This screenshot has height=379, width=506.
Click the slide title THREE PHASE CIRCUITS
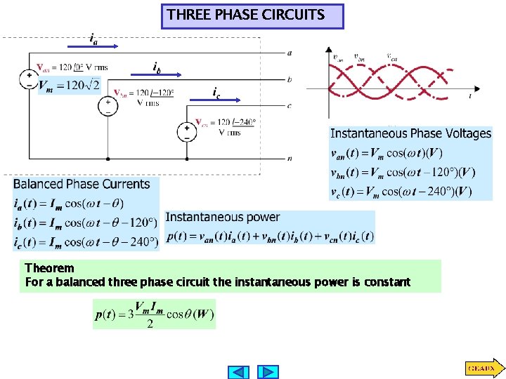pyautogui.click(x=252, y=15)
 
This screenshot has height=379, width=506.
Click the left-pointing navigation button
pyautogui.click(x=240, y=371)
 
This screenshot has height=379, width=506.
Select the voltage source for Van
pyautogui.click(x=30, y=78)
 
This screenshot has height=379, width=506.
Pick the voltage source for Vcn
pyautogui.click(x=187, y=131)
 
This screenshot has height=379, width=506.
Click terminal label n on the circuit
pyautogui.click(x=290, y=159)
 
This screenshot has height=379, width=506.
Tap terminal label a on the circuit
pyautogui.click(x=290, y=53)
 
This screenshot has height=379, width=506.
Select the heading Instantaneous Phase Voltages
pyautogui.click(x=410, y=133)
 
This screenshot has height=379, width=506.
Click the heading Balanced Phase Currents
pyautogui.click(x=82, y=185)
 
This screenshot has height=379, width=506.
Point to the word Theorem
pyautogui.click(x=49, y=268)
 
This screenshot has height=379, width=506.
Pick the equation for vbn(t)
pyautogui.click(x=403, y=173)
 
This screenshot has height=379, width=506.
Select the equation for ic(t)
pyautogui.click(x=85, y=241)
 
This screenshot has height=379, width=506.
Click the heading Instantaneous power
pyautogui.click(x=222, y=218)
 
